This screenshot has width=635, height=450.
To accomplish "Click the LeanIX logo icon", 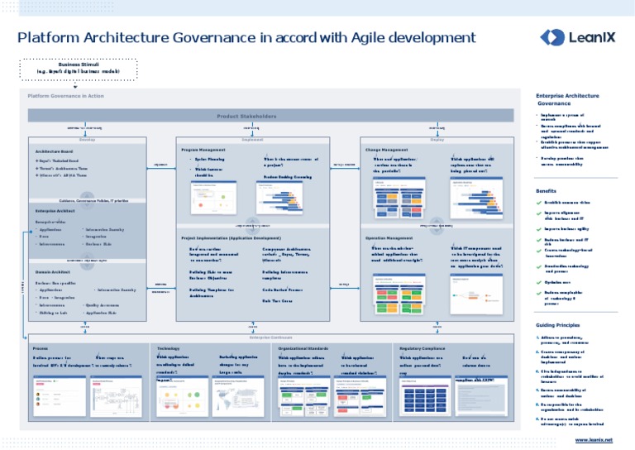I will (x=552, y=36).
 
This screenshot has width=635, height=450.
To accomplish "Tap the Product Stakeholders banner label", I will (x=246, y=116).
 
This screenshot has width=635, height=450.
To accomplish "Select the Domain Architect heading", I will (x=51, y=271).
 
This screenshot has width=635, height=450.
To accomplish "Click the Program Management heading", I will (x=203, y=150).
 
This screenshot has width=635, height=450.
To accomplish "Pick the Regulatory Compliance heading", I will (x=423, y=349).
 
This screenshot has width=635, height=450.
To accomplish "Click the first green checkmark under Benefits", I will (x=539, y=202).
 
